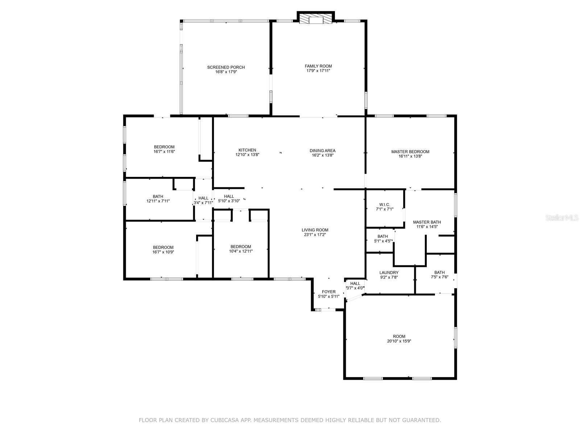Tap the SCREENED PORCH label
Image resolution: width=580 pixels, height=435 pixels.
point(226,67)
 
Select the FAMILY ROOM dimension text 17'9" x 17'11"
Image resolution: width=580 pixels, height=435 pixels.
point(318,71)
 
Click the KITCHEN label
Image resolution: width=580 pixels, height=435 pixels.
point(247,150)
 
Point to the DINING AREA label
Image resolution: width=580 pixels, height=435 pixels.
point(322,150)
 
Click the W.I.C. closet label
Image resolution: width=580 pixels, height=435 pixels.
point(384,204)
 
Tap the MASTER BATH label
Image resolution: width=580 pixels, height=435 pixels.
point(427,222)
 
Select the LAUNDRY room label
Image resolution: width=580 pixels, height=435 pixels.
point(389,273)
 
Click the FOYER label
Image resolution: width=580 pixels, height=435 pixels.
point(328,292)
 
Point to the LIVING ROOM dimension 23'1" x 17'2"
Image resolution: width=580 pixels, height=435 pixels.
point(315,235)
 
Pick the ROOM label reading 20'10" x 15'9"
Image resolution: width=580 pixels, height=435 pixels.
point(399,336)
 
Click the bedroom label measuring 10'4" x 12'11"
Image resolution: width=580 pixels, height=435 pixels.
point(241,246)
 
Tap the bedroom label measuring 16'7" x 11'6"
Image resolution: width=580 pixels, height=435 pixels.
point(164,147)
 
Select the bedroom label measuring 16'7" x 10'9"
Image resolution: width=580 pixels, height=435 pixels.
point(163,248)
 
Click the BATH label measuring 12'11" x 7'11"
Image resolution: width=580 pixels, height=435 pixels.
point(158,196)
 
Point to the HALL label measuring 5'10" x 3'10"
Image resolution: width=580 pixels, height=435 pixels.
point(229,196)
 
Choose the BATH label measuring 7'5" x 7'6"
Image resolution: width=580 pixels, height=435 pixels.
point(439,273)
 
